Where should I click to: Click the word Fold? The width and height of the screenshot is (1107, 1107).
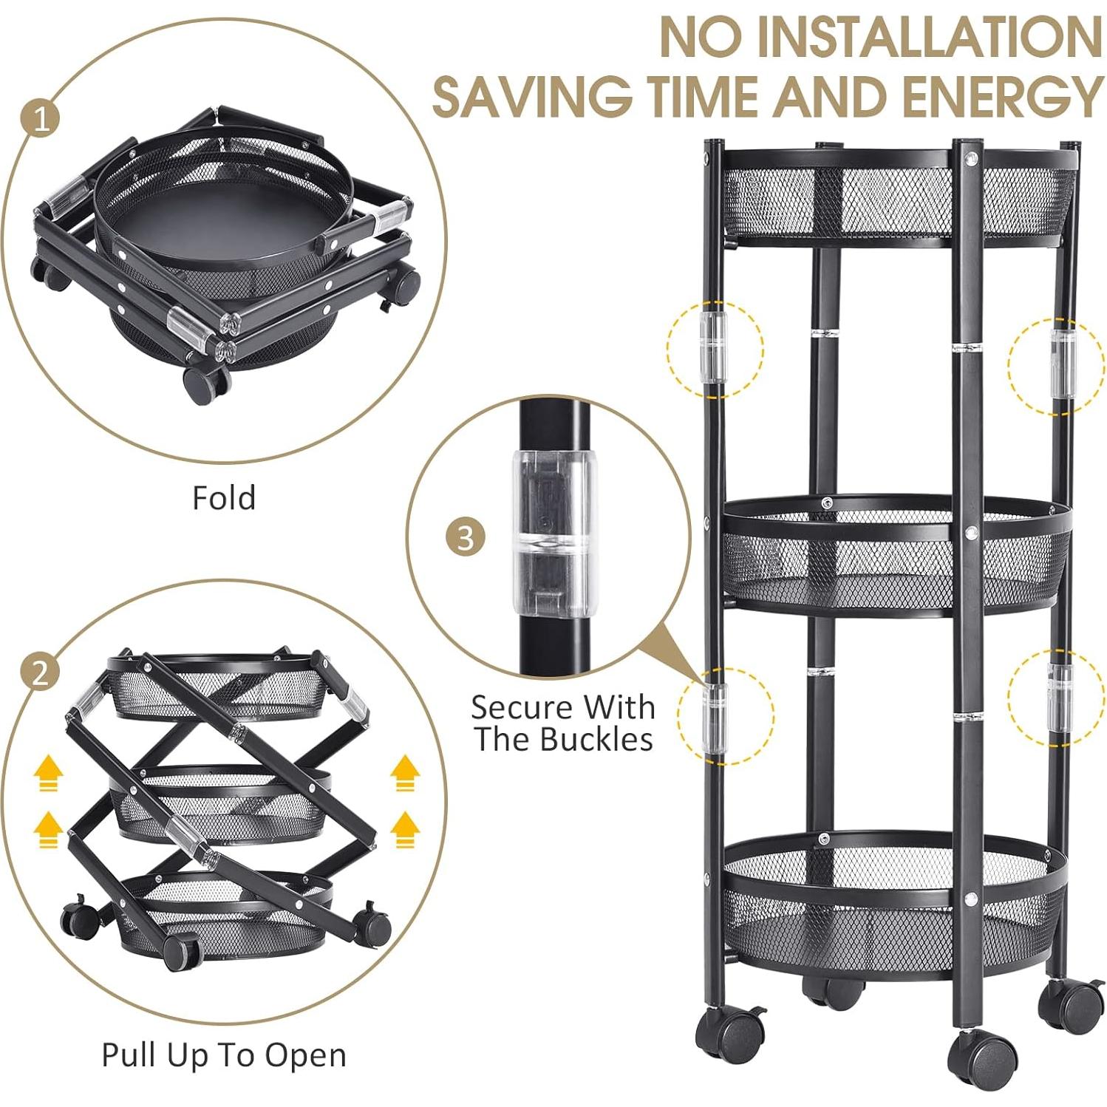[x=224, y=498]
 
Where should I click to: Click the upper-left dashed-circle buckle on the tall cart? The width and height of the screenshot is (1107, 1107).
[x=714, y=347]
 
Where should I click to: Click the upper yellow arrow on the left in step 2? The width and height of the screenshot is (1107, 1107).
[x=48, y=774]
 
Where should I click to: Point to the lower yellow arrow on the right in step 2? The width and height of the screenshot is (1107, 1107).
[x=404, y=829]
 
